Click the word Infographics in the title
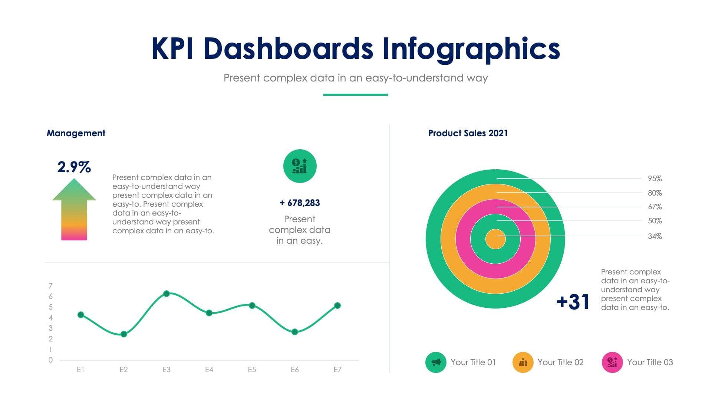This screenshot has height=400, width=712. click(471, 49)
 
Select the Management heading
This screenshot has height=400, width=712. click(76, 133)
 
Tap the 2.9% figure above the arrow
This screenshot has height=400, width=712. click(74, 167)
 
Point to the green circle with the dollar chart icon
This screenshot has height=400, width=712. click(300, 166)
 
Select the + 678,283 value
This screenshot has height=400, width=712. click(300, 203)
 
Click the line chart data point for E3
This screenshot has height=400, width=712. click(167, 294)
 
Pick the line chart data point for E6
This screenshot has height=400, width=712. click(294, 332)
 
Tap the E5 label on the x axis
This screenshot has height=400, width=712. click(252, 370)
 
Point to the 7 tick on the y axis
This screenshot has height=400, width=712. click(50, 286)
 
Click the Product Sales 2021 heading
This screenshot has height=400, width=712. click(468, 133)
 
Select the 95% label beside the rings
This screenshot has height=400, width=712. click(655, 179)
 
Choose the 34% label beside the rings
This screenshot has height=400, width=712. click(655, 236)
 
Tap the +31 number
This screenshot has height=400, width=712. click(573, 302)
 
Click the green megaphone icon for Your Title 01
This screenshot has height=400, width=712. click(436, 362)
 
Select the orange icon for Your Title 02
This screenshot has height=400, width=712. click(523, 362)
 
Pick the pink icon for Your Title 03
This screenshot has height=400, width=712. click(612, 362)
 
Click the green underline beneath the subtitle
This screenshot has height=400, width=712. click(356, 95)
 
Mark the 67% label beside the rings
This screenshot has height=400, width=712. click(655, 207)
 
